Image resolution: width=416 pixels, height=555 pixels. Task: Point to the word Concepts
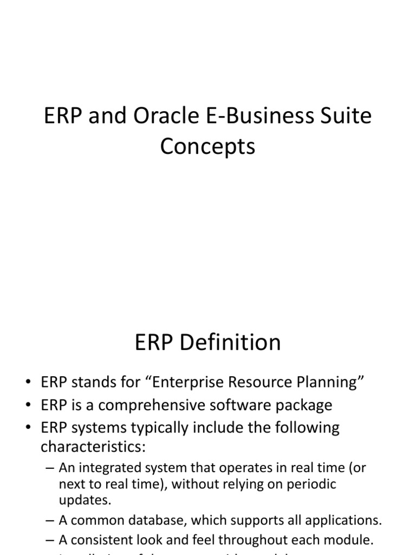(x=207, y=147)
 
